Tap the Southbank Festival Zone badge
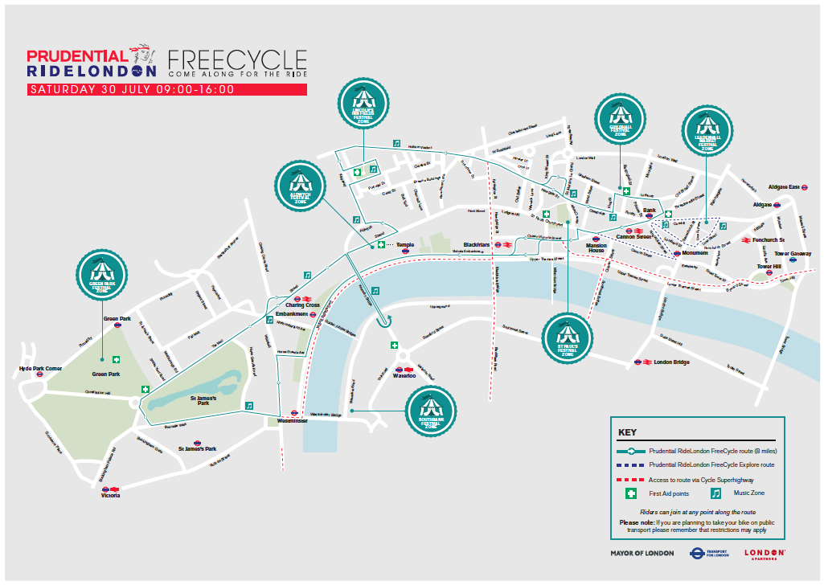pyautogui.click(x=431, y=411)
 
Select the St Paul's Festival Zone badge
pyautogui.click(x=568, y=338)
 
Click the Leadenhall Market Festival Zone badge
pyautogui.click(x=707, y=131)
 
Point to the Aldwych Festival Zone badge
pyautogui.click(x=300, y=186)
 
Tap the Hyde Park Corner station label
pyautogui.click(x=40, y=369)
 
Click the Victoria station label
pyautogui.click(x=109, y=495)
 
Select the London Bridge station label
pyautogui.click(x=673, y=362)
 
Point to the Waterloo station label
pyautogui.click(x=404, y=375)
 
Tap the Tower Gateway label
pyautogui.click(x=793, y=254)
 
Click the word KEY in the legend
pyautogui.click(x=627, y=432)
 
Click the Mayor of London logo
pyautogui.click(x=642, y=553)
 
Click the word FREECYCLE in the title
pyautogui.click(x=236, y=60)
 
